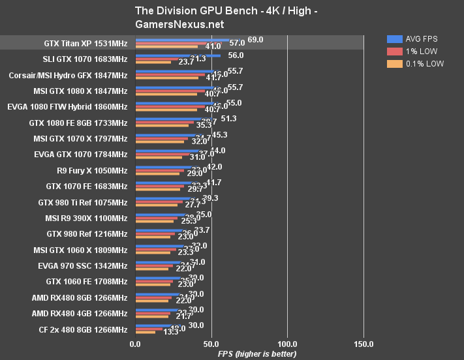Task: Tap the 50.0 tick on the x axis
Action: pos(211,344)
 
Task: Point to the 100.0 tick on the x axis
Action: pos(288,344)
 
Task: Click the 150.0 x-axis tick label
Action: pos(364,344)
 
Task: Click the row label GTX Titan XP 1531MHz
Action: pos(85,44)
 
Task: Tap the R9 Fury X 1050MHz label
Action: pos(92,170)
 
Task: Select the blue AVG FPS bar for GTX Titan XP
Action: pos(183,40)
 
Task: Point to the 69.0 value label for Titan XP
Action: pos(255,40)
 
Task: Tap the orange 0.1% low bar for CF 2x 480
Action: pos(145,332)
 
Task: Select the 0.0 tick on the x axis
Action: pos(135,344)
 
